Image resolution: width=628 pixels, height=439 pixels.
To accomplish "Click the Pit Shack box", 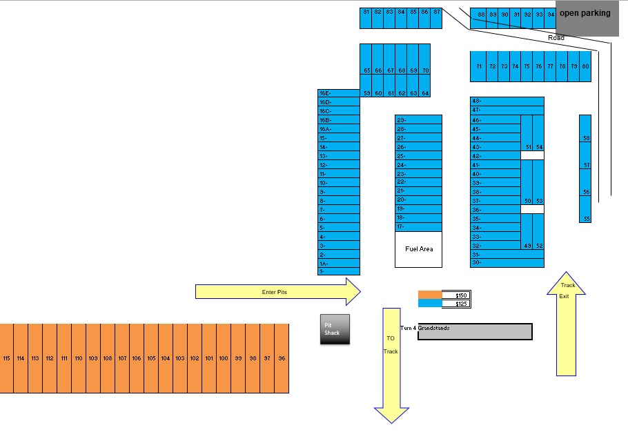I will (x=335, y=330).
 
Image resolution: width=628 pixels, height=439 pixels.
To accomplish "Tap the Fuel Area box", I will (x=418, y=249).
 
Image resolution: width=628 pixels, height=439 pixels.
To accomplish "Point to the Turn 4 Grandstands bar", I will (x=475, y=332).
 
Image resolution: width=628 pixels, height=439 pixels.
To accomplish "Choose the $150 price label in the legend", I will (x=456, y=295).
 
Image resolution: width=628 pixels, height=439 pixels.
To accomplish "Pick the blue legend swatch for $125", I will (x=429, y=304).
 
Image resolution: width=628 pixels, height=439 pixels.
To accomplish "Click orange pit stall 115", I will (x=7, y=358).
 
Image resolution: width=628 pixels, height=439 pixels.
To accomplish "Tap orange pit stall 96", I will (x=282, y=358).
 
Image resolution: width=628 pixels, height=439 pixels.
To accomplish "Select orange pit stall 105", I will (x=151, y=358).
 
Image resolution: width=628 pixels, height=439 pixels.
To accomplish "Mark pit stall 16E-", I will (x=339, y=92).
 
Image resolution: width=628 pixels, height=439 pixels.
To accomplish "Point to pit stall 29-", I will (x=418, y=120).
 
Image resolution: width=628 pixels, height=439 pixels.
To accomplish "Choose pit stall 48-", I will (x=507, y=101).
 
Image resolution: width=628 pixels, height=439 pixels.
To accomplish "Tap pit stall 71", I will (x=479, y=66).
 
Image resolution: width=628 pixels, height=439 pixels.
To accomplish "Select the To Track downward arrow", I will (x=391, y=359).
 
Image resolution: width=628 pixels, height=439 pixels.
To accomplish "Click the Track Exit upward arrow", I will (x=566, y=324).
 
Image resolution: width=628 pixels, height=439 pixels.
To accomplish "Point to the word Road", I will (x=556, y=38).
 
